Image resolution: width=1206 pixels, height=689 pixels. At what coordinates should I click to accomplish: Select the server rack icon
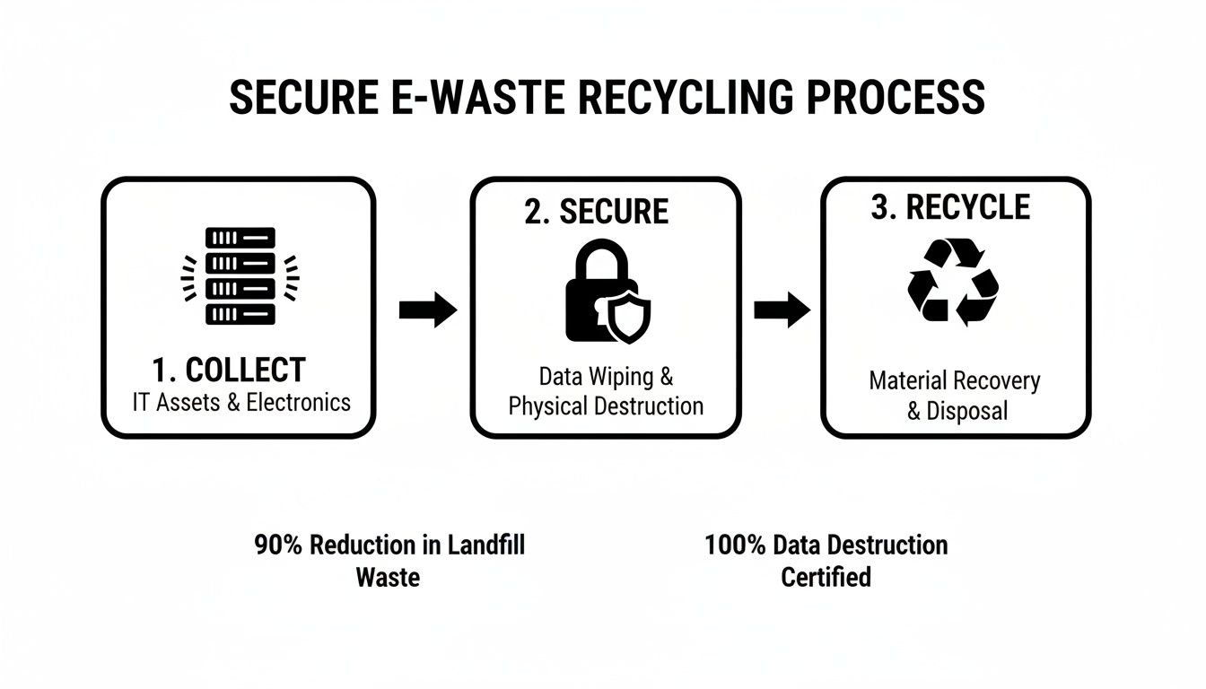240,275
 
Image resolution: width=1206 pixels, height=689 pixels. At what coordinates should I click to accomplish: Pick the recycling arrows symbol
953,281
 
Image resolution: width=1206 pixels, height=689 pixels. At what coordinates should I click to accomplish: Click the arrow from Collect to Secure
427,310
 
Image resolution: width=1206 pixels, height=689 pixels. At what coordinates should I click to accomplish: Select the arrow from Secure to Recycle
782,310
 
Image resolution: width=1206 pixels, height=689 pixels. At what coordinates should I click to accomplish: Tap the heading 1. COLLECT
229,370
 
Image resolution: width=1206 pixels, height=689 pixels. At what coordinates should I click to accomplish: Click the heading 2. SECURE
597,212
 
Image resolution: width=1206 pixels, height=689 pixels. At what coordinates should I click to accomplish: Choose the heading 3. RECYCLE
950,207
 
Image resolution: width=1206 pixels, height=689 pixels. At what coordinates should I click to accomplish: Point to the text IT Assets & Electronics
241,402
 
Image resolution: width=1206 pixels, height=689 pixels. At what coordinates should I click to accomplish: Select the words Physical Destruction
606,406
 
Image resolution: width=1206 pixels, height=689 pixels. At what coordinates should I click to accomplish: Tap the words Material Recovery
955,380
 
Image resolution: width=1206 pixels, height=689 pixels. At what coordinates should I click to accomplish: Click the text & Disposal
957,411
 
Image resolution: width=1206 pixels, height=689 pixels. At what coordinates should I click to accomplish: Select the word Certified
826,576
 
